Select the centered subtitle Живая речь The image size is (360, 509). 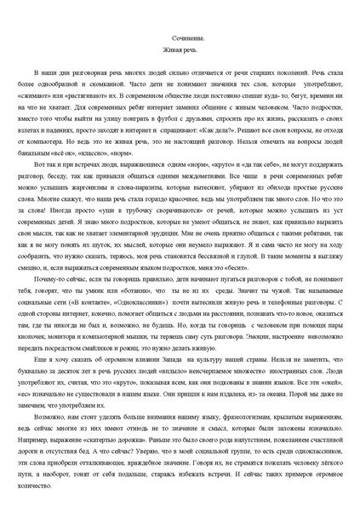180,52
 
